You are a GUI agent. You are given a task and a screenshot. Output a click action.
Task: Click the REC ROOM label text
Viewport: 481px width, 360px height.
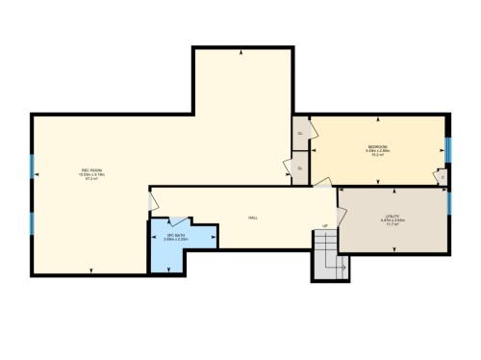(92, 170)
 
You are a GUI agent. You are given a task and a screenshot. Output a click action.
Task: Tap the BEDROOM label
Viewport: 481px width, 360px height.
(376, 145)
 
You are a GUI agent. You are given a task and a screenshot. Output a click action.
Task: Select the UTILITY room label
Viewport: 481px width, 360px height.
(392, 217)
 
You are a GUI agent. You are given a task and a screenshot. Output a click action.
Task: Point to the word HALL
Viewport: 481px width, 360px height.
(253, 219)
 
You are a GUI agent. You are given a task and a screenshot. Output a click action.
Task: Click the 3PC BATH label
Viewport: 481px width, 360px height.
(175, 234)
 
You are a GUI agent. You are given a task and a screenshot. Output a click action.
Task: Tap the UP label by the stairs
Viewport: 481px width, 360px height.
(325, 226)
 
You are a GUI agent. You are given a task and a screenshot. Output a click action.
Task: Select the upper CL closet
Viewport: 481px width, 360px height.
(300, 133)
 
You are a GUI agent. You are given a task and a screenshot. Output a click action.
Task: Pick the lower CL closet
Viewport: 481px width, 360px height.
(300, 168)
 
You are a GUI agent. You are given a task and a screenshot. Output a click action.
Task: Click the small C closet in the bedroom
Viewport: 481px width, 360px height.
(441, 177)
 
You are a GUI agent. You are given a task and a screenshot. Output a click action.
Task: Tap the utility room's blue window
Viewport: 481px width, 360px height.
(448, 203)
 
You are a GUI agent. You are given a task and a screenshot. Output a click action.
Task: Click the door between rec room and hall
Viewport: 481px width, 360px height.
(151, 201)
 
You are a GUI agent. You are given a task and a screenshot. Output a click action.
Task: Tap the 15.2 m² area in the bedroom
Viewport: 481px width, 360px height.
(376, 154)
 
